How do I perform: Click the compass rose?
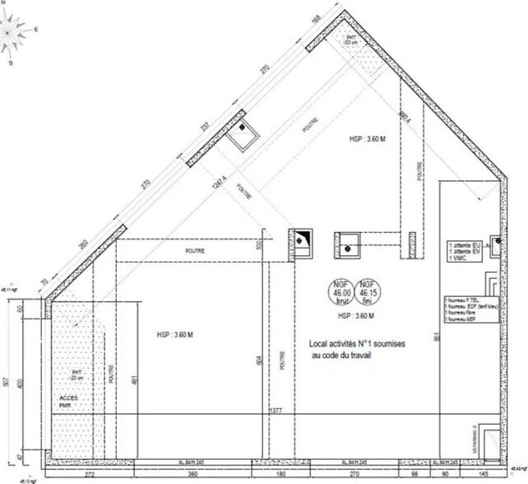tap(18, 33)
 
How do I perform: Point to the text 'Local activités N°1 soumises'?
tap(351, 343)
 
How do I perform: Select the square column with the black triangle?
tap(300, 243)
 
